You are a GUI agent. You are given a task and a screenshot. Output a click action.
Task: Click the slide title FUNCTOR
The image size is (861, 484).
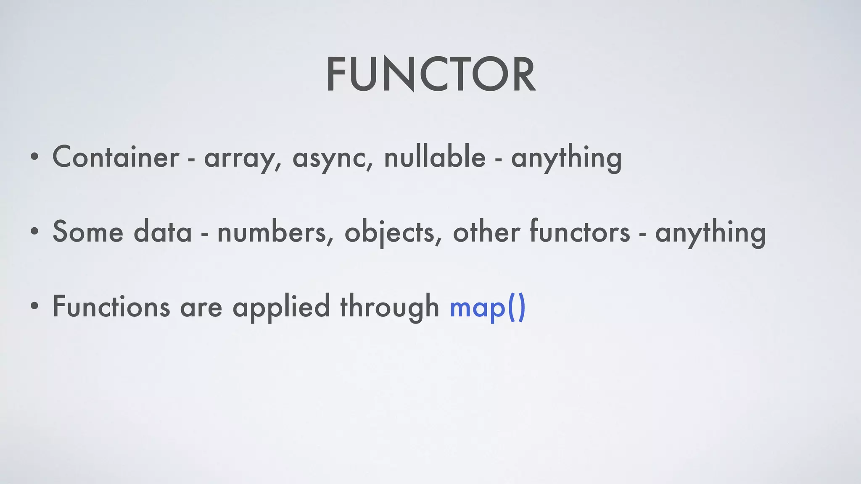[430, 74]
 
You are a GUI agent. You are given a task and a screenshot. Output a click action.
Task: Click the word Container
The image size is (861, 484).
[116, 157]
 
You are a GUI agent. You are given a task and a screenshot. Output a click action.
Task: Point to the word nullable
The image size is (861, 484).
[435, 156]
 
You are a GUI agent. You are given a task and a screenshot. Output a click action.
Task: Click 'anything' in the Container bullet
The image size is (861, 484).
[566, 158]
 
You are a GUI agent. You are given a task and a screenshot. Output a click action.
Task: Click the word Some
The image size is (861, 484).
[88, 231]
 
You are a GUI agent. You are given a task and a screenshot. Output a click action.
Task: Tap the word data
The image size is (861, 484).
[163, 231]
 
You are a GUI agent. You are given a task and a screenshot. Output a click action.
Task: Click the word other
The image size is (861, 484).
[486, 231]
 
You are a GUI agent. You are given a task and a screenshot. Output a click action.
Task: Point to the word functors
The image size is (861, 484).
[580, 231]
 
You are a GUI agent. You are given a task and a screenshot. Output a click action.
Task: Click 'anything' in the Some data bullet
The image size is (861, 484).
[710, 233]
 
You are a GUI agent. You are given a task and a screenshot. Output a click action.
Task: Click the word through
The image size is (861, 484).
[389, 307]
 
